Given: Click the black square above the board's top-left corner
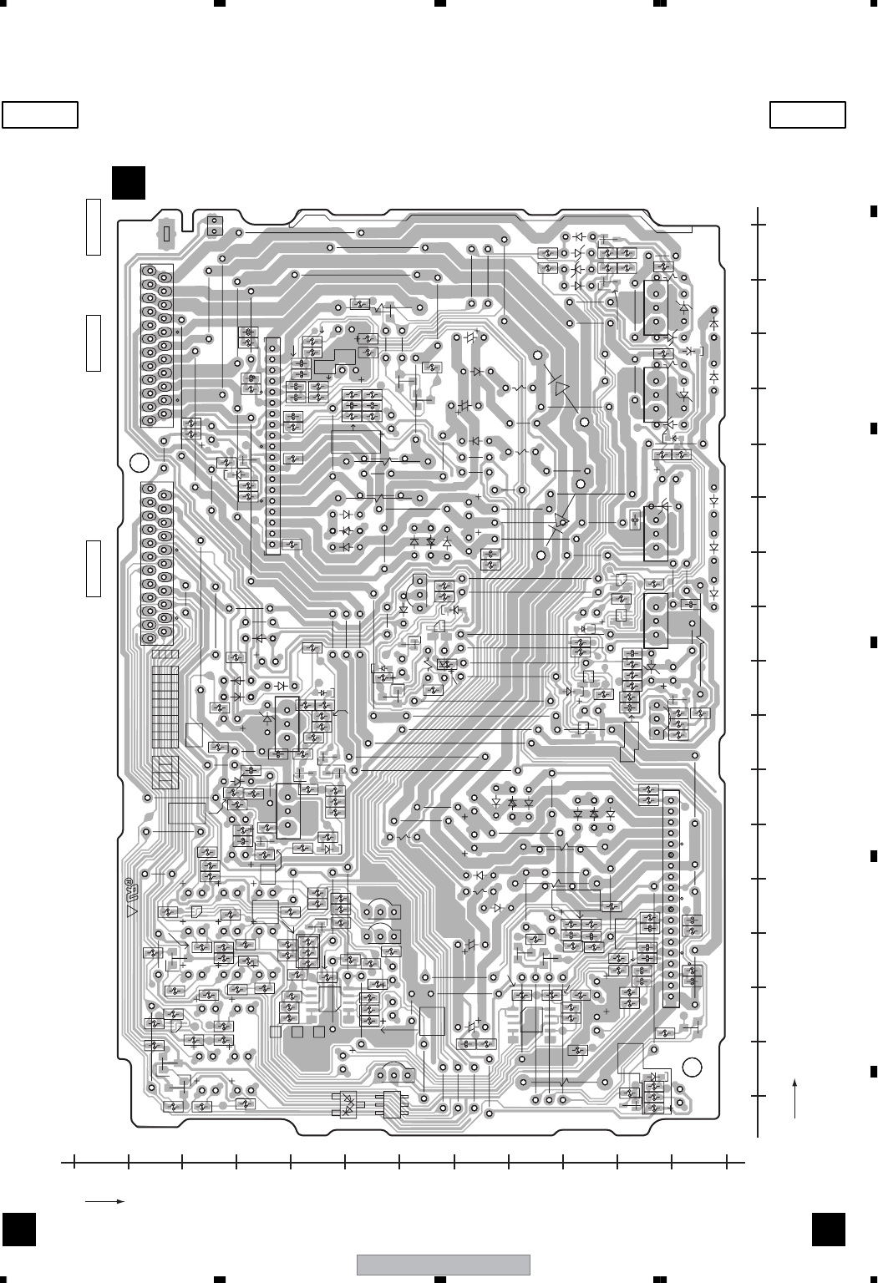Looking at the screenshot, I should [x=129, y=183].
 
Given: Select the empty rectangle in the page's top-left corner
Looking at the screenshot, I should [x=40, y=114].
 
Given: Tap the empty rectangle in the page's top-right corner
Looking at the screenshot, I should [x=807, y=114].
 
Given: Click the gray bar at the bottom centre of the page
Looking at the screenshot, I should [x=444, y=1265].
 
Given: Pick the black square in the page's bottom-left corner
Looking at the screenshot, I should [x=18, y=1227].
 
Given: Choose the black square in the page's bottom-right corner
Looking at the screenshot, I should [x=827, y=1227].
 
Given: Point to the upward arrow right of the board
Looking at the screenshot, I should [x=794, y=1097].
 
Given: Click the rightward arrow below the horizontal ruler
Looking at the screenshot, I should [x=104, y=1201].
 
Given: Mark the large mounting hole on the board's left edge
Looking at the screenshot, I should [x=140, y=463].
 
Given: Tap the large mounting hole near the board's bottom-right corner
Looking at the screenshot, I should [x=692, y=1067].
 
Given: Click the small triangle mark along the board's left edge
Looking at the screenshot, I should [x=130, y=911].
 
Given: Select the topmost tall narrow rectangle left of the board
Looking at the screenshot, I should [x=93, y=226].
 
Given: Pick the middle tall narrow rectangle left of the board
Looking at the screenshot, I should [x=93, y=342].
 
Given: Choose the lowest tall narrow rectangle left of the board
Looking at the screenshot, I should [x=93, y=568].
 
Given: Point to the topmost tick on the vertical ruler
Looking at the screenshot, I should [x=759, y=224].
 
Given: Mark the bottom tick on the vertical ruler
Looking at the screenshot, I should [x=759, y=1096].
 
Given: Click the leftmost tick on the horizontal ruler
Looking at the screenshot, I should [x=74, y=1161].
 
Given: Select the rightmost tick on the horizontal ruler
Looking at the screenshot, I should [x=727, y=1161].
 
